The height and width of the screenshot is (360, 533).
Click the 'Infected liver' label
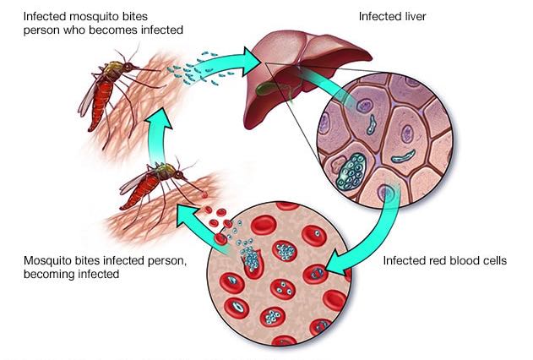coord(392,16)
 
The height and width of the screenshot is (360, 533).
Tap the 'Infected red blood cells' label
coord(444,261)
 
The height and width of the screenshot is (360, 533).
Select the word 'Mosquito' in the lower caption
coord(44,261)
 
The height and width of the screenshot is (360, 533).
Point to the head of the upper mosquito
coord(128,67)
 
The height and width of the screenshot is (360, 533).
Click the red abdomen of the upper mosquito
coord(101,105)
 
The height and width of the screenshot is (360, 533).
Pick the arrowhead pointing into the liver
coord(251,62)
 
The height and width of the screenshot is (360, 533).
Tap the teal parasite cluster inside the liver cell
coord(351,171)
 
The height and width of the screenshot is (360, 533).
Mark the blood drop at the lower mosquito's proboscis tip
coord(204,194)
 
